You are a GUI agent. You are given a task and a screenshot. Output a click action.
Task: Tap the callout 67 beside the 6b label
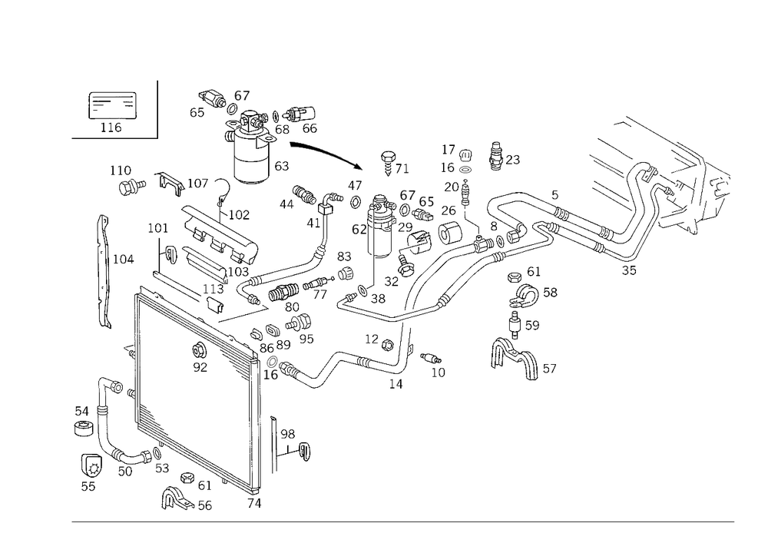coord(408,197)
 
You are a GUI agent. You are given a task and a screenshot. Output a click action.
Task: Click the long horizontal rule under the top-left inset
coord(113,139)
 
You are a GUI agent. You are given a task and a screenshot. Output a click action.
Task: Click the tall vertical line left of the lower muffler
coord(137,338)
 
